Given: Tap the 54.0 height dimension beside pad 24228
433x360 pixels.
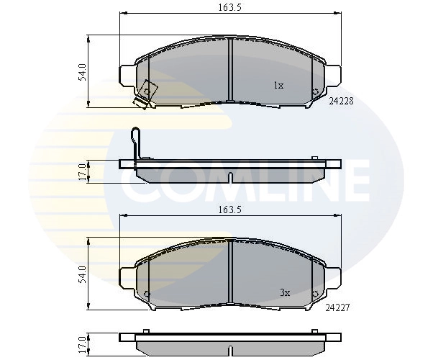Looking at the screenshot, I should (x=83, y=72).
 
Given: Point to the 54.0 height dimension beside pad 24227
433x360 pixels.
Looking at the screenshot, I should (x=83, y=274).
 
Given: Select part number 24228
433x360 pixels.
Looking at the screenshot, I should (x=340, y=102).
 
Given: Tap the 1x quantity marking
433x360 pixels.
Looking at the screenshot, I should (x=278, y=86).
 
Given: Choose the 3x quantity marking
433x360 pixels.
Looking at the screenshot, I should (x=284, y=292).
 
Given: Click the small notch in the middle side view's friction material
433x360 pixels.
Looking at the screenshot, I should (x=229, y=178).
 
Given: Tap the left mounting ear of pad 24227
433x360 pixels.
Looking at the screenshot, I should (x=124, y=276).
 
